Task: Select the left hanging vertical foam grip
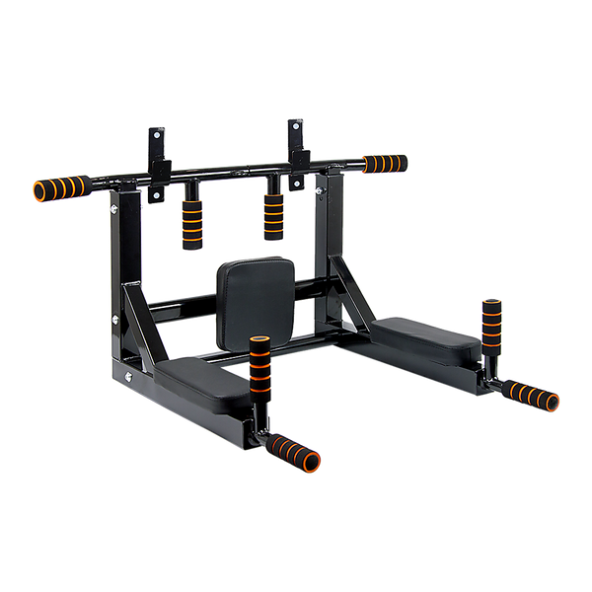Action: tap(189, 225)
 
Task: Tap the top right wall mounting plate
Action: tap(295, 137)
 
